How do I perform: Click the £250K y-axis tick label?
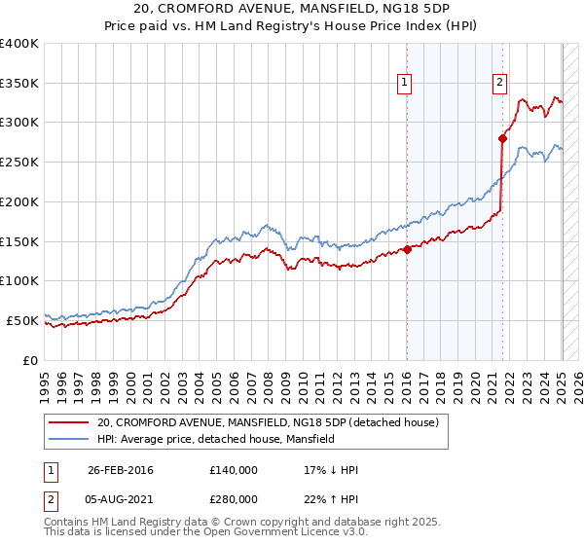(x=19, y=163)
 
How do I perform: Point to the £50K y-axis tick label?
(x=22, y=320)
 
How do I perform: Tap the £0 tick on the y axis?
(x=30, y=360)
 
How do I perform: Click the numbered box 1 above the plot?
(x=404, y=84)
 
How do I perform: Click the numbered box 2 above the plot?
(x=499, y=84)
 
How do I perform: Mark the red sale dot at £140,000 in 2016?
(x=407, y=249)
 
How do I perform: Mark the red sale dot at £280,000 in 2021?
(x=502, y=139)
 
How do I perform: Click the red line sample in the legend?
(x=68, y=422)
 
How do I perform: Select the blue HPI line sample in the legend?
(x=68, y=439)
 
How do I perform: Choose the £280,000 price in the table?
(x=233, y=498)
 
